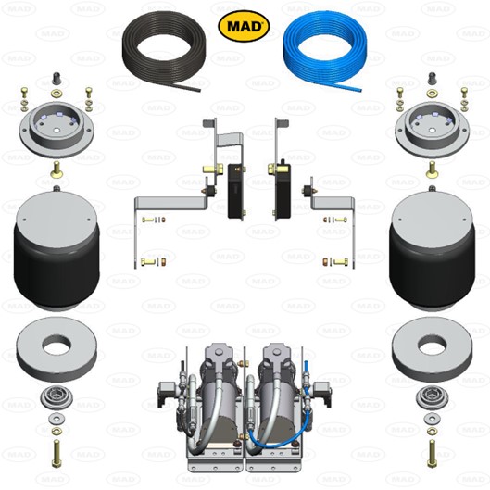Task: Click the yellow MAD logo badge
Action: click(x=244, y=25)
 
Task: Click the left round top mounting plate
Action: click(x=57, y=129)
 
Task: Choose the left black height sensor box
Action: click(x=237, y=190)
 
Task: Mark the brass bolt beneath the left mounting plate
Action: click(x=57, y=170)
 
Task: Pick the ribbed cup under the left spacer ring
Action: click(x=57, y=399)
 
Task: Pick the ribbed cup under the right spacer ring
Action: click(x=431, y=399)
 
